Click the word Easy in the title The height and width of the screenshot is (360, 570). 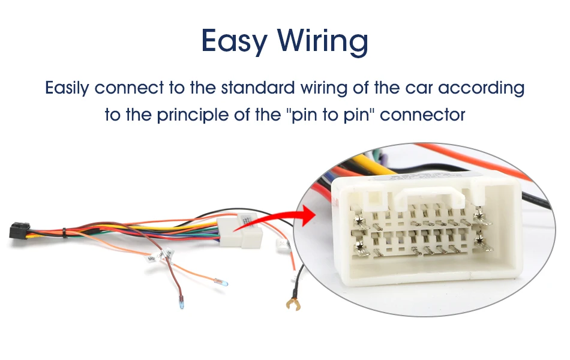point(235,41)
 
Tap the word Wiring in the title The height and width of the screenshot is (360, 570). point(323,41)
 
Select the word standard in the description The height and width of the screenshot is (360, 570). point(258,88)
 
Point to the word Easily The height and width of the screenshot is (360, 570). point(67,88)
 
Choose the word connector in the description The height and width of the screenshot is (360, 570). point(422,115)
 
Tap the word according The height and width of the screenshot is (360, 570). point(481,88)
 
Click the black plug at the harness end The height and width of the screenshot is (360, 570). point(19,230)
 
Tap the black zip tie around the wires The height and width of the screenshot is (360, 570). point(64,233)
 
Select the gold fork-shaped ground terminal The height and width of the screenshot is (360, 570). point(293,304)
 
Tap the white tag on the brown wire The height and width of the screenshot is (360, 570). point(169,253)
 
